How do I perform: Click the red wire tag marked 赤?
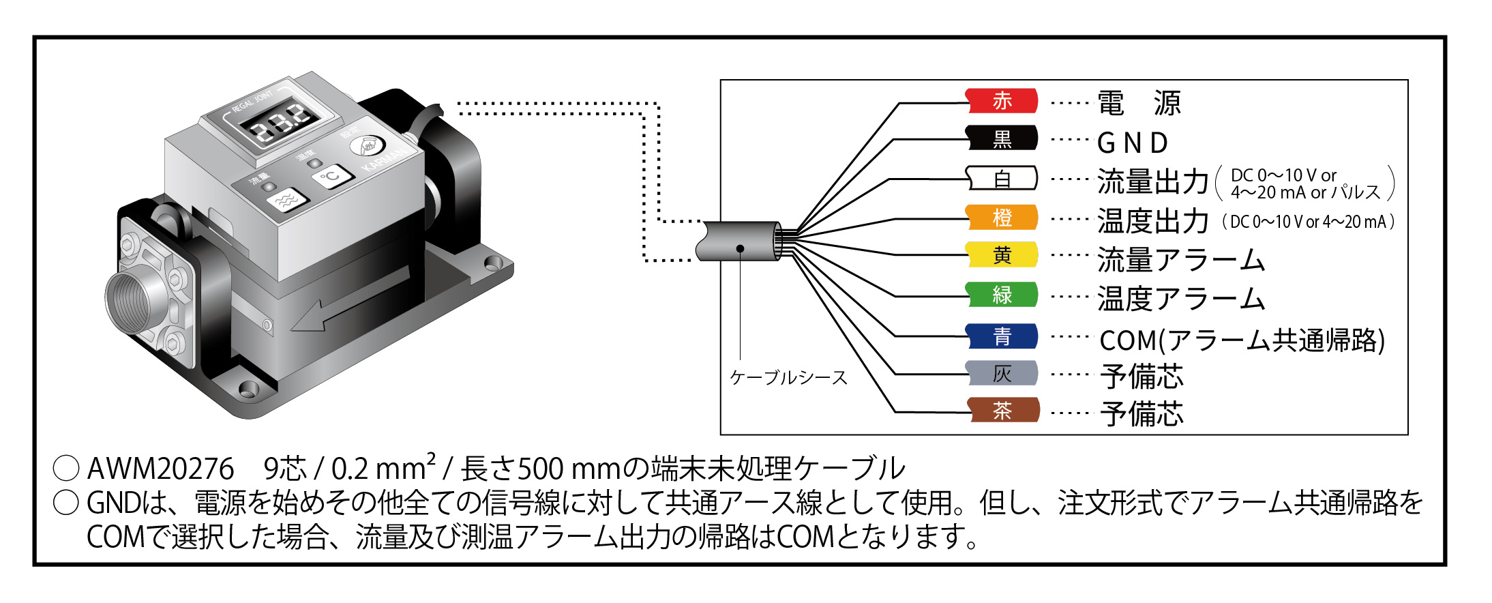pyautogui.click(x=1002, y=101)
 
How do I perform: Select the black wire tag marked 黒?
pyautogui.click(x=1002, y=138)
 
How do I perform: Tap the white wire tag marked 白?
pyautogui.click(x=1002, y=179)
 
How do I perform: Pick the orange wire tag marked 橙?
pyautogui.click(x=1002, y=218)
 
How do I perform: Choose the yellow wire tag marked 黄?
pyautogui.click(x=1002, y=255)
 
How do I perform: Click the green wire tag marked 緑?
pyautogui.click(x=1002, y=295)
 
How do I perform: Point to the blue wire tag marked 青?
pyautogui.click(x=1002, y=336)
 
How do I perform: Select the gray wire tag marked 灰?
pyautogui.click(x=1002, y=373)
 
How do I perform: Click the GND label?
pyautogui.click(x=1133, y=143)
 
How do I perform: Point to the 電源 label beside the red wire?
pyautogui.click(x=1139, y=104)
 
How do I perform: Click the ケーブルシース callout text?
pyautogui.click(x=788, y=377)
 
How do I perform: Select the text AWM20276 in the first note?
pyautogui.click(x=160, y=469)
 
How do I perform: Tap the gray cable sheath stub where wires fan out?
pyautogui.click(x=739, y=241)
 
